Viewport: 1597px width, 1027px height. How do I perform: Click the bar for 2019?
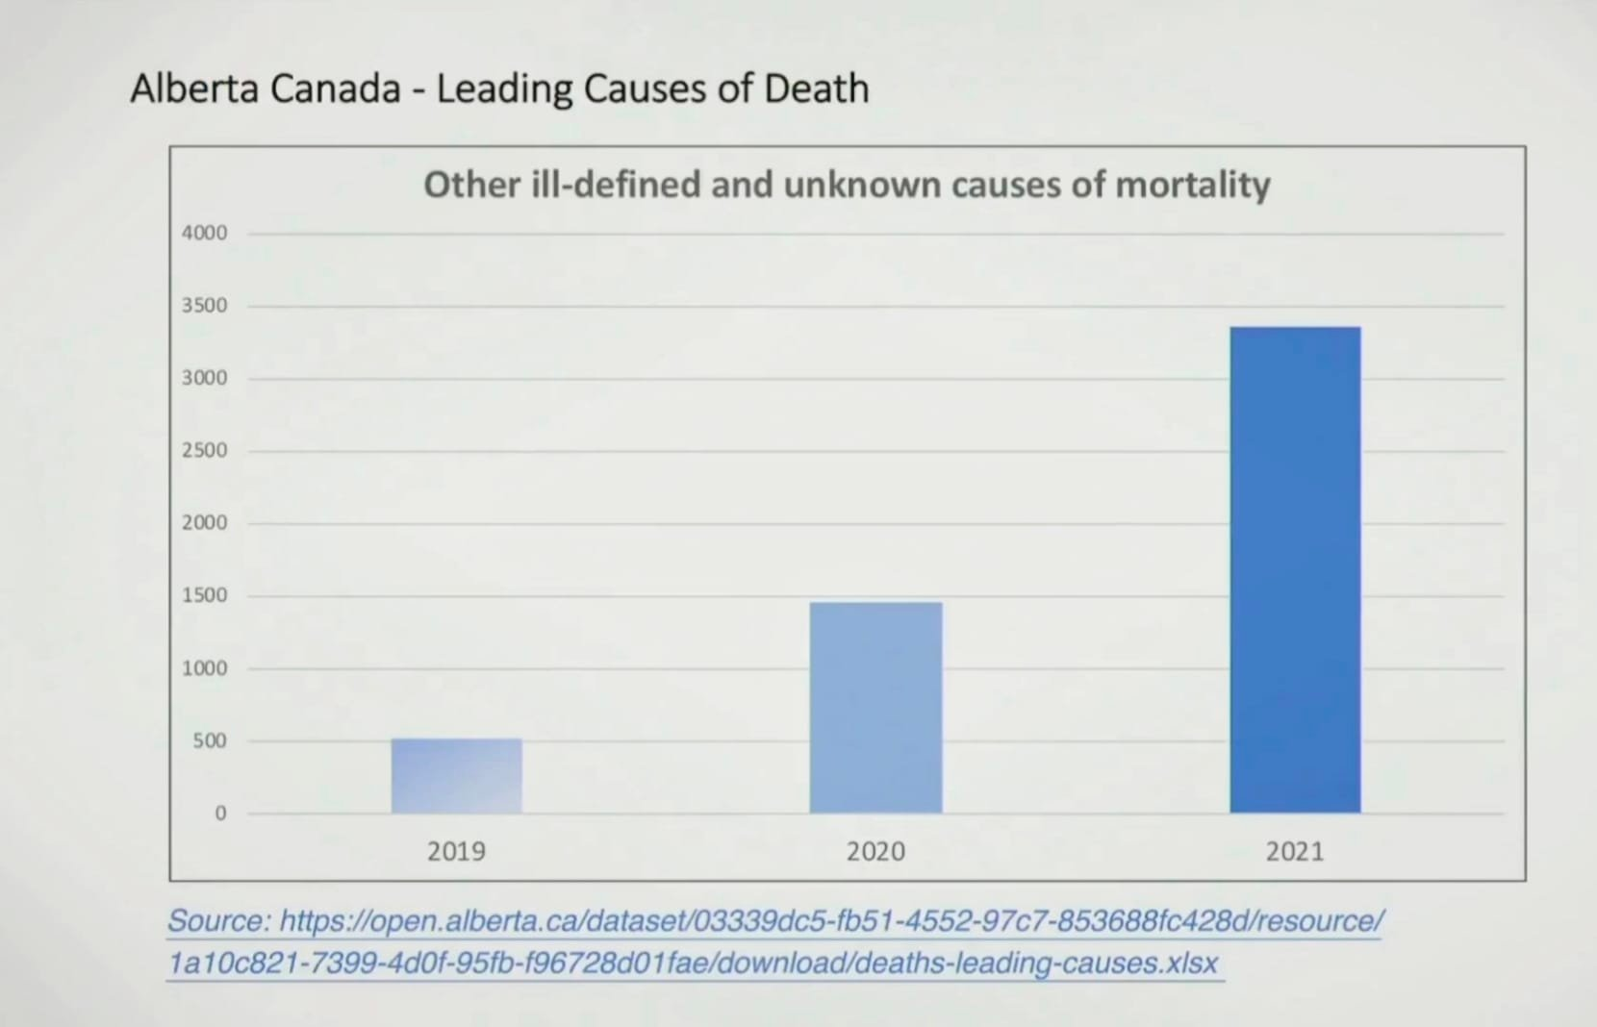click(456, 775)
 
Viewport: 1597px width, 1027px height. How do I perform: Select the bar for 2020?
click(875, 707)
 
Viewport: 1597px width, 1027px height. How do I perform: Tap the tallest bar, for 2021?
click(1295, 569)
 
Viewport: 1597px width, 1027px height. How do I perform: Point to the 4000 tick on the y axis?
click(204, 233)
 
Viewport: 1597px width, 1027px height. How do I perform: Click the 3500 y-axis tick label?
click(204, 306)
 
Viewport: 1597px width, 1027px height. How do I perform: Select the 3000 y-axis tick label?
click(204, 378)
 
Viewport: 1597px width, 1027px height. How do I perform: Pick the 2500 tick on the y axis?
click(204, 450)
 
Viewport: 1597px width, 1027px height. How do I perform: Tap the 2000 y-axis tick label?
click(204, 522)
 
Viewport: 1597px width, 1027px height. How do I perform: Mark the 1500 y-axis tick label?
click(204, 595)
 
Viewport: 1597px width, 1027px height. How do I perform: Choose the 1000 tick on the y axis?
click(204, 668)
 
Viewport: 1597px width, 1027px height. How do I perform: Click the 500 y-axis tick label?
click(209, 740)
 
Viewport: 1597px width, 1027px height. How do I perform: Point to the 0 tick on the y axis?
click(220, 814)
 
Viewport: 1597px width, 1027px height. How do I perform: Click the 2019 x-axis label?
click(456, 851)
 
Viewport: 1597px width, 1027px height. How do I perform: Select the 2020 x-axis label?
click(875, 851)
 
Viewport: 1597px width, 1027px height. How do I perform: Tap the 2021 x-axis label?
click(1295, 851)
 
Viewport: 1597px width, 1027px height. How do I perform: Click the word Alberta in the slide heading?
click(194, 88)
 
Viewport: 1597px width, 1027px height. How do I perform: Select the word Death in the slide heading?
click(817, 88)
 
